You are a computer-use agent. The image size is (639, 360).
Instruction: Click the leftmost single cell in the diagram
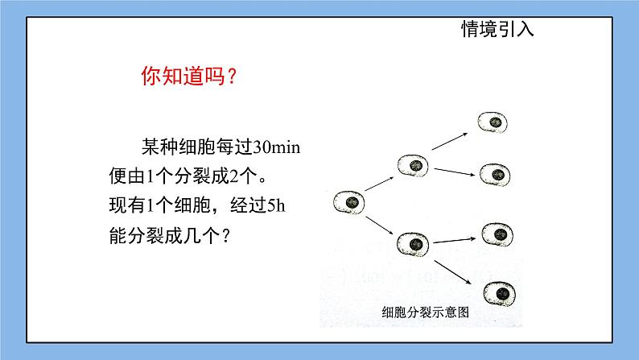coord(350,202)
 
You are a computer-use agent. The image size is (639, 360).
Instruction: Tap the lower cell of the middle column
coord(415,242)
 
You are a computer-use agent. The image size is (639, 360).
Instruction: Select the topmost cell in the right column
coord(493,122)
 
